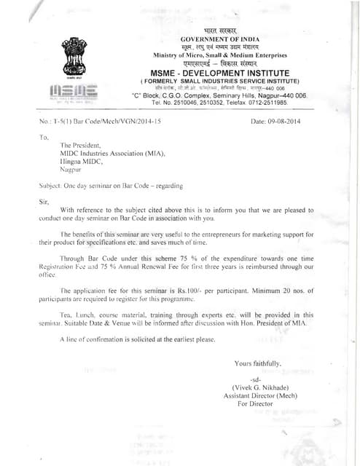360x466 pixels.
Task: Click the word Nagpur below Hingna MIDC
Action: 72,168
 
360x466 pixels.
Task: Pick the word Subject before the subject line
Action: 50,186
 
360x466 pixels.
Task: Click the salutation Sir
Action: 43,201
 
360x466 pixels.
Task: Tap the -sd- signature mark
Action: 255,380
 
